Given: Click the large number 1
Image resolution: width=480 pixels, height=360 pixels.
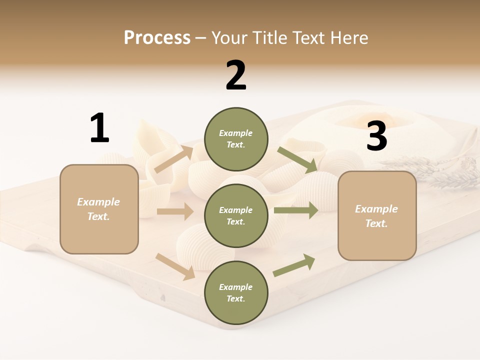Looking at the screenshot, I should tap(99, 128).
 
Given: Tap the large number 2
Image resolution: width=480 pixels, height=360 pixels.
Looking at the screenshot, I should tap(236, 75).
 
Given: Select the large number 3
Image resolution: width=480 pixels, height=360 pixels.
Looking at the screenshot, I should tap(376, 136).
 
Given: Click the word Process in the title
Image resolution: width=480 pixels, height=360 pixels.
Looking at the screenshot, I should tap(157, 37).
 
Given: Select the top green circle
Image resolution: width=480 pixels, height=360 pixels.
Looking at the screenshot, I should tap(236, 139).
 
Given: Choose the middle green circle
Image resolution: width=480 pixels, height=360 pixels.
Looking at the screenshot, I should tap(236, 216).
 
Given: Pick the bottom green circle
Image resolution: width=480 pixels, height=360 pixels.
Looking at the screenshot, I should tap(236, 293).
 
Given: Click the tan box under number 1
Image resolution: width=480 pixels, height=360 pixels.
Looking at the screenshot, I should tap(99, 209).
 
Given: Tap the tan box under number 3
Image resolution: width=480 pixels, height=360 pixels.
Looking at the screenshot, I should tap(377, 216).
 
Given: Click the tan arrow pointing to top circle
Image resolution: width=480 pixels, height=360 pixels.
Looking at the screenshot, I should tap(173, 159).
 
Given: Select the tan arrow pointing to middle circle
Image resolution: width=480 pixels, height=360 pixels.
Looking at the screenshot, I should tap(175, 211).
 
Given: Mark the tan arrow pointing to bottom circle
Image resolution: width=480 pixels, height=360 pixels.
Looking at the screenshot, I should tap(175, 266).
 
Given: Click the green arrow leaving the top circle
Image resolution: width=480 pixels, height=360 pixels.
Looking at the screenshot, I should tap(297, 160).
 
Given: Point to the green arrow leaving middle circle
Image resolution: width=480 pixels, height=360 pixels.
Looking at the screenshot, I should tap(295, 210).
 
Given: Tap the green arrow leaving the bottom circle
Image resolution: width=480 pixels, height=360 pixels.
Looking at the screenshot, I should tap(294, 265).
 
